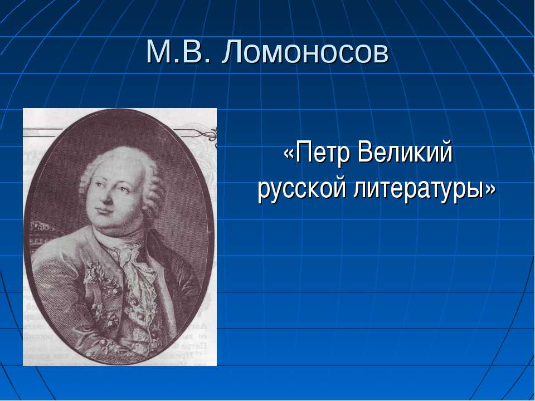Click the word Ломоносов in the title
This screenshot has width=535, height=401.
click(305, 52)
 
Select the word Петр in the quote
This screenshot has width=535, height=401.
click(323, 153)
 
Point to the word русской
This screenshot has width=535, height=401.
click(302, 189)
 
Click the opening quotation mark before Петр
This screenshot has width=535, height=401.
click(289, 154)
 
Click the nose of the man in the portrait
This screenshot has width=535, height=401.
click(105, 197)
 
